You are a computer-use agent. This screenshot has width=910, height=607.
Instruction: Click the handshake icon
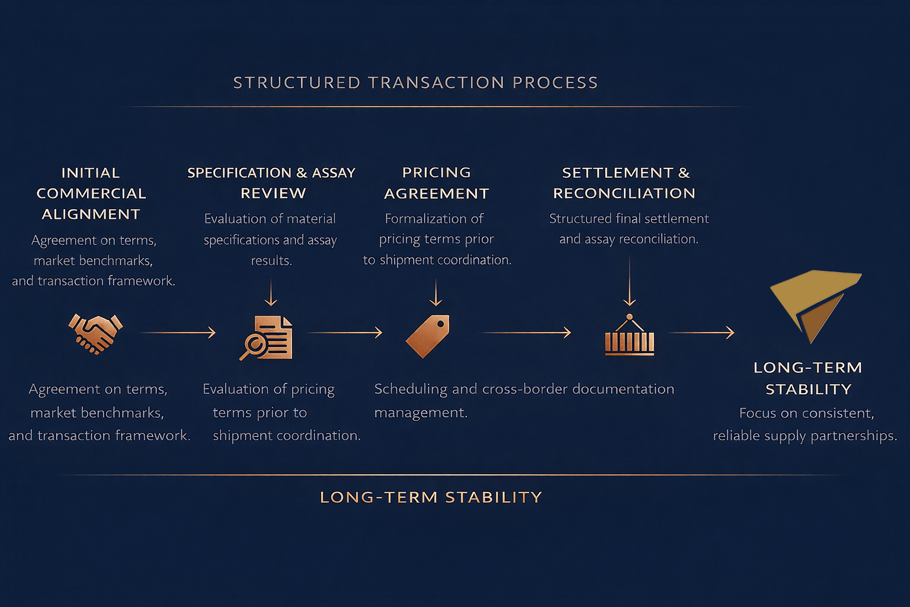pyautogui.click(x=95, y=334)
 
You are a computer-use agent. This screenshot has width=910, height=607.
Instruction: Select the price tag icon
pyautogui.click(x=428, y=336)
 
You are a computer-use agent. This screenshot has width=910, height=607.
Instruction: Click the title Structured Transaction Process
pyautogui.click(x=415, y=82)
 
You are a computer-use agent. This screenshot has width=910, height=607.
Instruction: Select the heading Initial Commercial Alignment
pyautogui.click(x=91, y=193)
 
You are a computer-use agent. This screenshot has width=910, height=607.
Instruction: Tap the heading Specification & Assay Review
pyautogui.click(x=271, y=183)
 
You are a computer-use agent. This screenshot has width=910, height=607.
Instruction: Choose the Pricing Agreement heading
pyautogui.click(x=437, y=183)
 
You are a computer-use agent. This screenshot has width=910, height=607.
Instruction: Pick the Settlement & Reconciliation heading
pyautogui.click(x=625, y=183)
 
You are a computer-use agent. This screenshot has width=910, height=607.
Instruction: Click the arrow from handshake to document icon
pyautogui.click(x=178, y=333)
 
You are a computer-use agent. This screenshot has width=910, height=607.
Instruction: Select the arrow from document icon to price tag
pyautogui.click(x=345, y=333)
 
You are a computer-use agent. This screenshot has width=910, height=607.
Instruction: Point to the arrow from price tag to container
pyautogui.click(x=525, y=333)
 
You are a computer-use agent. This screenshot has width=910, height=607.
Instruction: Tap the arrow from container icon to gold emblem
pyautogui.click(x=702, y=333)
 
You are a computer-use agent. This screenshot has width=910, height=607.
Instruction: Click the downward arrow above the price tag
pyautogui.click(x=436, y=293)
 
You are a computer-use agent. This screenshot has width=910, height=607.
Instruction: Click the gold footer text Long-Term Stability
pyautogui.click(x=431, y=497)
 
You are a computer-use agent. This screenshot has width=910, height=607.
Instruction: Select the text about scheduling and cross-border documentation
pyautogui.click(x=524, y=400)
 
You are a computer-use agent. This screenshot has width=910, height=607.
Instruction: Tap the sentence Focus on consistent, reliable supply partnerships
pyautogui.click(x=805, y=424)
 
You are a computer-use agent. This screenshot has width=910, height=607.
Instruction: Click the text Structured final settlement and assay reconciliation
pyautogui.click(x=629, y=229)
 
